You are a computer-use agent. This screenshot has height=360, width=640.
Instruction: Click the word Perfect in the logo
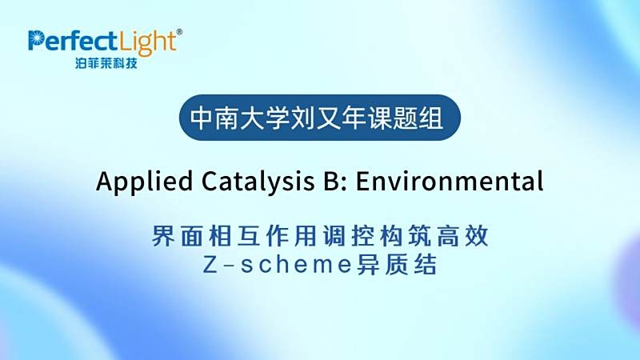[73, 41]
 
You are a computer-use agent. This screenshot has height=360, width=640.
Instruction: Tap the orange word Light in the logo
[147, 42]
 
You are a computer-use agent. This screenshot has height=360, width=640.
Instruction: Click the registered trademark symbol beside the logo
[179, 32]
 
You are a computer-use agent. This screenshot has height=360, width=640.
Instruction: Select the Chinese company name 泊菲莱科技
[106, 63]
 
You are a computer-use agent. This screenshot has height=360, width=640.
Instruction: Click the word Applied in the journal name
[145, 182]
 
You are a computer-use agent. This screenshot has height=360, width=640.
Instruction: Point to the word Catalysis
[258, 182]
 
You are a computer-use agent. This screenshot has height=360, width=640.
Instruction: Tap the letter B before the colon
[331, 182]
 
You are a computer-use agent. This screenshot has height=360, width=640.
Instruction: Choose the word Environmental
[450, 182]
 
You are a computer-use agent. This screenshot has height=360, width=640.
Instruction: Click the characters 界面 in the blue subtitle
[178, 236]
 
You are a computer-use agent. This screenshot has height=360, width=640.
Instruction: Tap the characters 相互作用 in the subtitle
[263, 236]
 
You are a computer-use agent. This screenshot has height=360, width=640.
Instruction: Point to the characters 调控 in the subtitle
[348, 236]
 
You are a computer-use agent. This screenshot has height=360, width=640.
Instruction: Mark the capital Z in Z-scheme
[210, 265]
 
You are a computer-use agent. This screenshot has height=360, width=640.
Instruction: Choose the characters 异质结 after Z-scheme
[397, 265]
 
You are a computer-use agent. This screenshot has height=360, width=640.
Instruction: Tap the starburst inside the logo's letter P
[36, 38]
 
